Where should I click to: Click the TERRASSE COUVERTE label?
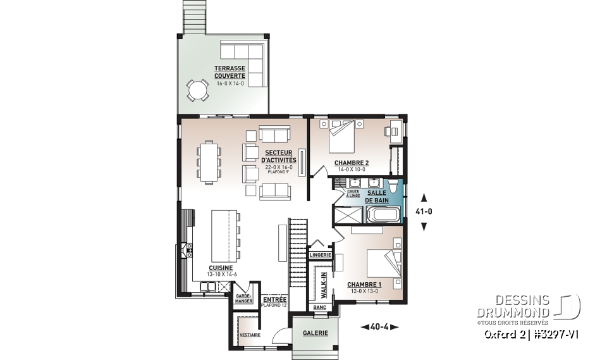point(230,72)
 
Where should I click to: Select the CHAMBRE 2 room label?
point(352,163)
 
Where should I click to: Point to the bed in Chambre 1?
point(384,263)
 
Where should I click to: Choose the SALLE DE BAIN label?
point(377,197)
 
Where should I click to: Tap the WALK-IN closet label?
point(324,285)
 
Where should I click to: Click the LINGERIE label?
point(320,255)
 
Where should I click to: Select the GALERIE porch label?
point(316,333)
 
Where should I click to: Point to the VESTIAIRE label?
point(250,335)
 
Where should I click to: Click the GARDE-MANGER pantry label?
point(244,299)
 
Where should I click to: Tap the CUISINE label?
point(221,268)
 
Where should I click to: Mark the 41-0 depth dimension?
point(424,211)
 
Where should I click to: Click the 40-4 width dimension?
point(379,327)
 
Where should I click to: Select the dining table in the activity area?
point(209,161)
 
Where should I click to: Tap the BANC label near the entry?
point(320,307)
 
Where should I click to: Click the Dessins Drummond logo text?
point(513,306)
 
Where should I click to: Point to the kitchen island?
point(224,236)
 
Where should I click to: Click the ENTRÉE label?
point(275,299)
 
